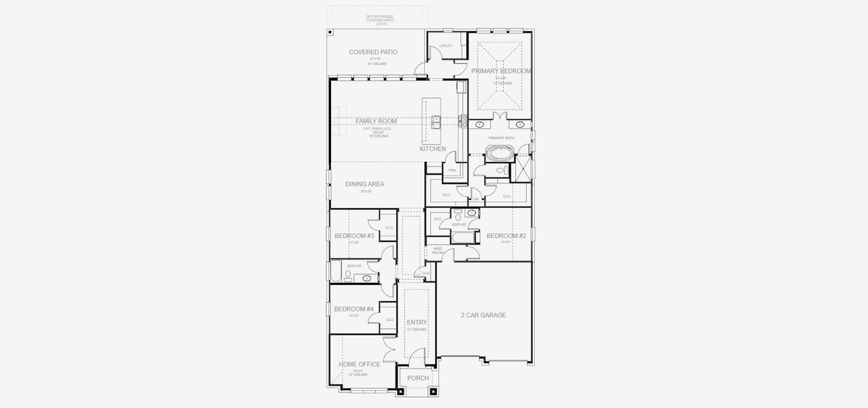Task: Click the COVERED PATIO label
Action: [373, 52]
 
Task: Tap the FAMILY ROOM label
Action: [376, 121]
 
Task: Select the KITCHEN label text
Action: [432, 149]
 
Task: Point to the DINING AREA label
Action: [364, 184]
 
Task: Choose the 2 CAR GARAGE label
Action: [483, 315]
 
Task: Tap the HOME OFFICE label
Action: [360, 364]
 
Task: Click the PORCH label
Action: [418, 378]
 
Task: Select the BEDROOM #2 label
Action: [506, 236]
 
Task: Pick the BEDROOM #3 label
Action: [354, 236]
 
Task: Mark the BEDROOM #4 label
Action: [354, 309]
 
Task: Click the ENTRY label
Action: [417, 322]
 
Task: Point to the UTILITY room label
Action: [445, 46]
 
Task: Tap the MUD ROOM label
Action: [438, 250]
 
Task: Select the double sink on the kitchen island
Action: [435, 122]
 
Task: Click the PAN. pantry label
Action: [451, 170]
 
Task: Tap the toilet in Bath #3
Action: [348, 275]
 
